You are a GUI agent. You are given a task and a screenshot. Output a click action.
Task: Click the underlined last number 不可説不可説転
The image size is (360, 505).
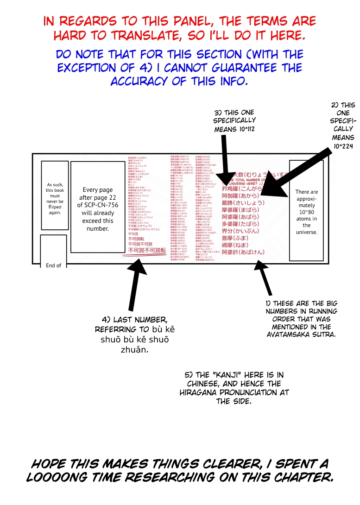[146, 251]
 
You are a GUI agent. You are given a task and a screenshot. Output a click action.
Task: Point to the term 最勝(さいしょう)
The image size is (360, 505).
[243, 202]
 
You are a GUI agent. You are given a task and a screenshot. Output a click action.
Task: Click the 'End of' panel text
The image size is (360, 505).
[53, 265]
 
